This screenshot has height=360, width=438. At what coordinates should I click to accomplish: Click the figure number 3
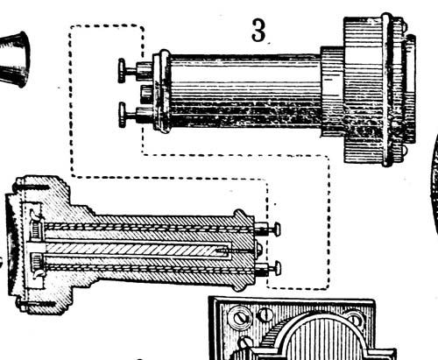point(258,31)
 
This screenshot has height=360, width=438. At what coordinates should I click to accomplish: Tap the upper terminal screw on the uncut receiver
point(135,70)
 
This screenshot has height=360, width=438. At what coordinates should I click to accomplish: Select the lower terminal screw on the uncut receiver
point(136,115)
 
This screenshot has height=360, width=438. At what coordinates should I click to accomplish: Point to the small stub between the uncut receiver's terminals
point(146,94)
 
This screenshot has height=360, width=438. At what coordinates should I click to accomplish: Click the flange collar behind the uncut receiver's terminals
point(162,91)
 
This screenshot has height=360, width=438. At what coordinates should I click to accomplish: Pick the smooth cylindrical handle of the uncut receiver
point(245,91)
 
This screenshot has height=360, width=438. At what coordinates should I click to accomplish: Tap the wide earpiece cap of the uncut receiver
point(379,89)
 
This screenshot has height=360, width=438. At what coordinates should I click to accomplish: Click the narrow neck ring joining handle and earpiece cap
point(332,91)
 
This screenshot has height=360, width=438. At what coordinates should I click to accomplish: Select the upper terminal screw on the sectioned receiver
point(267,229)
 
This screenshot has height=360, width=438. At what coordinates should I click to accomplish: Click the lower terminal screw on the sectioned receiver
point(268,268)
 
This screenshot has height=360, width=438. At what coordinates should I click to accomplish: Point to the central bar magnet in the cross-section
point(138,250)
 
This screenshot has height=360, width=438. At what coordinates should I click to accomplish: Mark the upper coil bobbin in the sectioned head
point(36,229)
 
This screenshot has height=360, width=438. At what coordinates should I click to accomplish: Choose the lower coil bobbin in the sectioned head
point(36,260)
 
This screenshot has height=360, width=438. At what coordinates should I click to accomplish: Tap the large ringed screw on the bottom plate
point(237,316)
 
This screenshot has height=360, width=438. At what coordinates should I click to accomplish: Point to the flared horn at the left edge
point(15,60)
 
